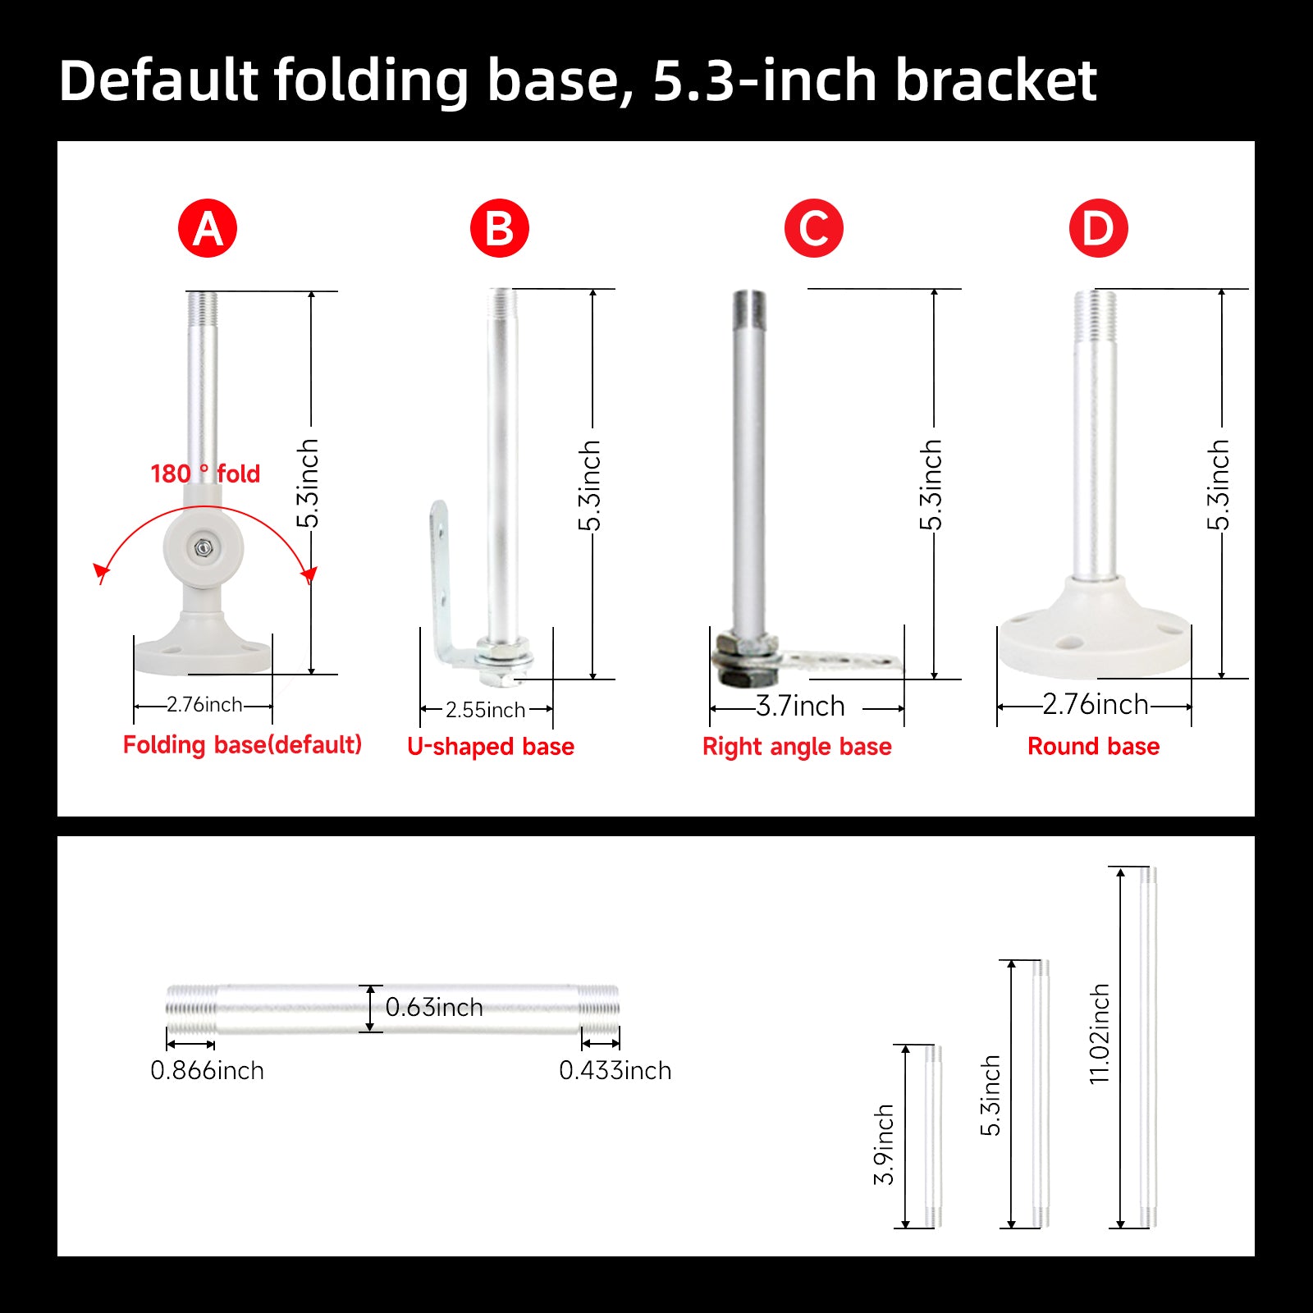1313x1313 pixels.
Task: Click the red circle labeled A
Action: (x=208, y=228)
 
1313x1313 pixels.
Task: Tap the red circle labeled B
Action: (x=500, y=228)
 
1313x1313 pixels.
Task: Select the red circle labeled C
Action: (x=814, y=228)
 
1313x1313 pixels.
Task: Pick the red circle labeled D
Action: (x=1099, y=228)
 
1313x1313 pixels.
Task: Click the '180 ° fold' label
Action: (x=205, y=474)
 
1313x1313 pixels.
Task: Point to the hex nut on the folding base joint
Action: (x=202, y=547)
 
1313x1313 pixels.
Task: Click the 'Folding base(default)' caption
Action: (x=242, y=745)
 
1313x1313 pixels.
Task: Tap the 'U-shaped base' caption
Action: (x=491, y=747)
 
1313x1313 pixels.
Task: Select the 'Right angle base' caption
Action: (x=797, y=747)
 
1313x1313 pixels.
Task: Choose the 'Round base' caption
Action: (x=1094, y=746)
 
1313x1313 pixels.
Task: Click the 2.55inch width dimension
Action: (x=485, y=710)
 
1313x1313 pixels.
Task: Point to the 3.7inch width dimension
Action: (x=800, y=706)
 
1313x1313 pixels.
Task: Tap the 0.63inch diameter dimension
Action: (x=434, y=1007)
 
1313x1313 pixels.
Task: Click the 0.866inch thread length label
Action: (x=207, y=1070)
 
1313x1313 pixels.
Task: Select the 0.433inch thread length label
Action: (x=615, y=1070)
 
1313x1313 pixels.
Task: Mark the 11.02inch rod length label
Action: (x=1099, y=1034)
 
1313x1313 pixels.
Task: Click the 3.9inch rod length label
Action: (x=883, y=1145)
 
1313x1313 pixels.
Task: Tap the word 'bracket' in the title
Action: (x=996, y=80)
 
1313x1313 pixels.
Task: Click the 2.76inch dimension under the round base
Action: (x=1096, y=704)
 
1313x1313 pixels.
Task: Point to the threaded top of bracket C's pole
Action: (x=749, y=310)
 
